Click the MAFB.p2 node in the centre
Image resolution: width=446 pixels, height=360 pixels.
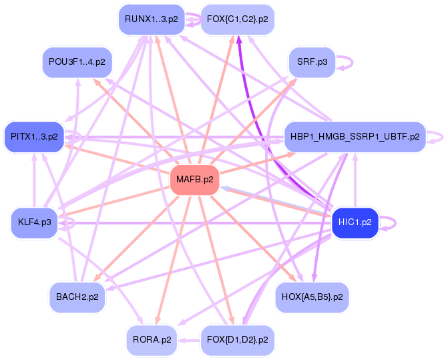click(x=195, y=180)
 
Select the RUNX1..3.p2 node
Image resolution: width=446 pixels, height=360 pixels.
click(x=152, y=19)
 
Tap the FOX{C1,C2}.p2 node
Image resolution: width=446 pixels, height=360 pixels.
click(x=238, y=19)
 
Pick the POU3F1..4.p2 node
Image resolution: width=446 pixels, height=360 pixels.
click(x=77, y=61)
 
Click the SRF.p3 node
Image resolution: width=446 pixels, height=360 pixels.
click(x=312, y=61)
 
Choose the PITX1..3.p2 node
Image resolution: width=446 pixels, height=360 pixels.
click(x=34, y=137)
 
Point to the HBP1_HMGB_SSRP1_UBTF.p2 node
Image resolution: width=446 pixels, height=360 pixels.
click(x=355, y=137)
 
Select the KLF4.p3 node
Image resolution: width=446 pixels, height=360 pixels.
click(x=35, y=222)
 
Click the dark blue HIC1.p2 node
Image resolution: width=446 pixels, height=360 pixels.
click(x=355, y=222)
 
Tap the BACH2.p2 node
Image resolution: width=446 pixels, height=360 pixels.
click(x=77, y=297)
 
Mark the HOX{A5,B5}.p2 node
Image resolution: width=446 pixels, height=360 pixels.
click(x=312, y=297)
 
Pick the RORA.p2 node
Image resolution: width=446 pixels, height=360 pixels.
click(x=152, y=340)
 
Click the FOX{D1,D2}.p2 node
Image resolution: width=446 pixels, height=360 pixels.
click(x=238, y=340)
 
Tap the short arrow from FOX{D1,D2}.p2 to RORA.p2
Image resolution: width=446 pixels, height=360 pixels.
click(x=189, y=340)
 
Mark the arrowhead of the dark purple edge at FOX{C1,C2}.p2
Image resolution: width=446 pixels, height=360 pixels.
click(x=239, y=39)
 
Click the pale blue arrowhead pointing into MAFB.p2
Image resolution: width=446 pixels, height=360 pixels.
click(x=224, y=188)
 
